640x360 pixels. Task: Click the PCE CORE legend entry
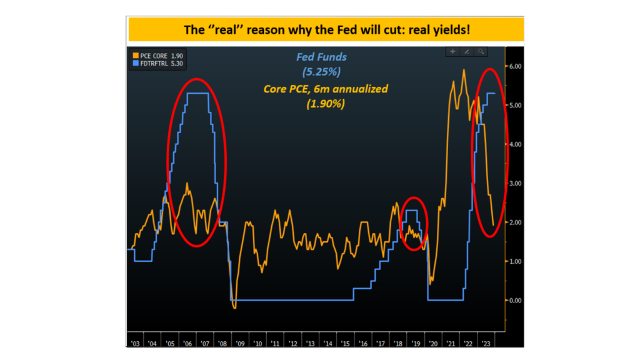point(156,55)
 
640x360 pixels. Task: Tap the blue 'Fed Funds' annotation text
point(321,57)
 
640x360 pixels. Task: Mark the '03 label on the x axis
point(136,342)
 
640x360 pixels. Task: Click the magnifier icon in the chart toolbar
point(481,52)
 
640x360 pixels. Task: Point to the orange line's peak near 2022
point(463,70)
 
